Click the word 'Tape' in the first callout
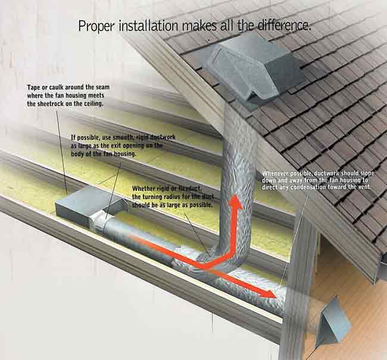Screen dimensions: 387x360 [34, 87]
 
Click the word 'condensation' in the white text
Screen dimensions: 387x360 [310, 186]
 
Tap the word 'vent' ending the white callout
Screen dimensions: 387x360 [361, 186]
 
